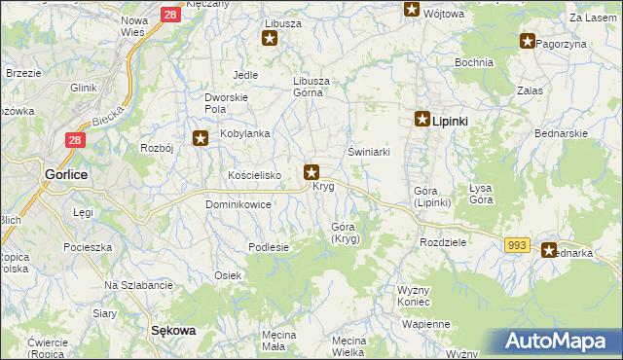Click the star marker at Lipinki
pos(422,120)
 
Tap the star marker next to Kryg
pos(311,173)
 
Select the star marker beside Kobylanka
pos(202,139)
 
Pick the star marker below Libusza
pos(270,39)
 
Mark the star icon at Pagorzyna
pos(528,41)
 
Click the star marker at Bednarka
pos(549,250)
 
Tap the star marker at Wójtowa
pos(412,11)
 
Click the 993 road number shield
pos(518,245)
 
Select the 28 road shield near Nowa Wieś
pos(169,15)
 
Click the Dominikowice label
pos(238,205)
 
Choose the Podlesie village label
pos(269,247)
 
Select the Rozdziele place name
pos(444,241)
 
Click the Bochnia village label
pos(473,62)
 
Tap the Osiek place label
pos(228,275)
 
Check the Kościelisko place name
pos(253,174)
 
